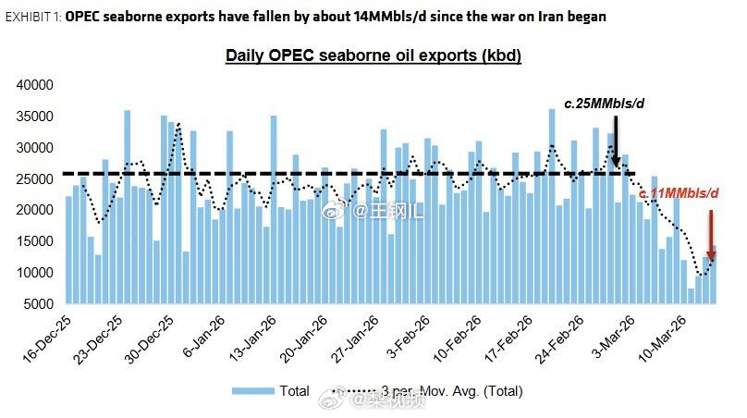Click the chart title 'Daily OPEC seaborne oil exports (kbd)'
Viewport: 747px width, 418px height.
click(373, 55)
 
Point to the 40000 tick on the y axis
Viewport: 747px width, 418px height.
click(37, 85)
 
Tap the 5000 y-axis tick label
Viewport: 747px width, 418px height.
click(41, 304)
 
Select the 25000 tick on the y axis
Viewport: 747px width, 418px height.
click(37, 178)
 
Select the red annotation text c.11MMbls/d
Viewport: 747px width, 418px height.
click(680, 193)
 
